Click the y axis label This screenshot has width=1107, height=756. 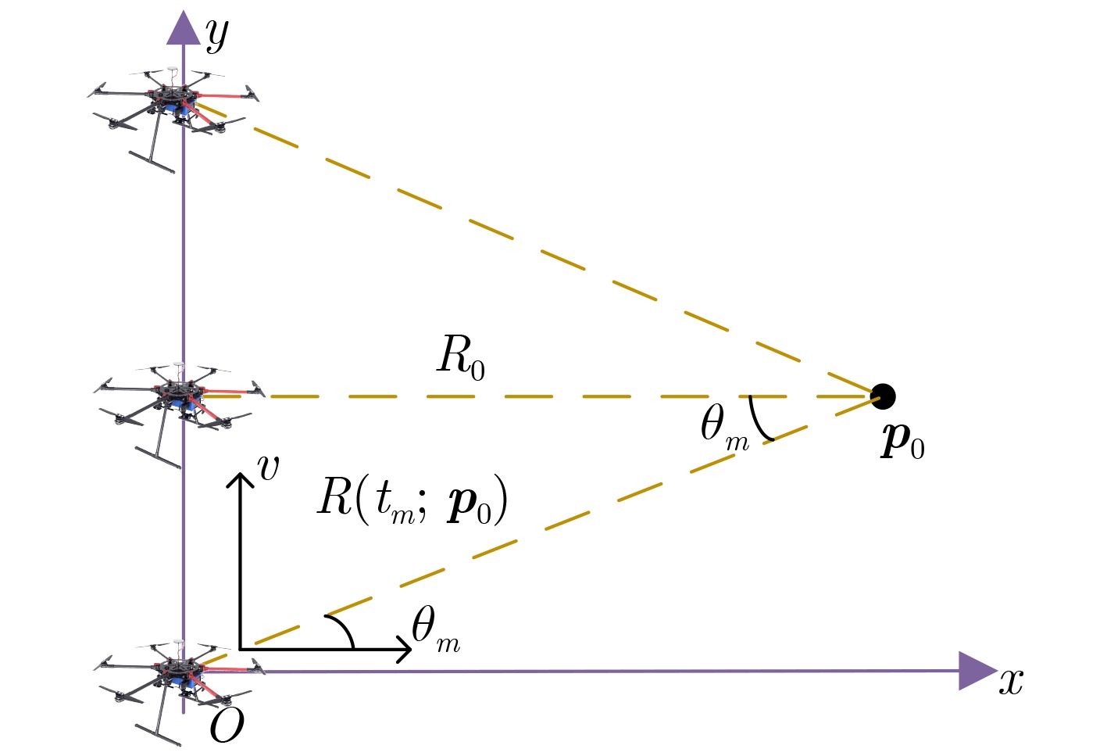click(x=216, y=35)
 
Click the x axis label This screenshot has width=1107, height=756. click(x=1011, y=680)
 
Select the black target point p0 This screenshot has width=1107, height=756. click(x=882, y=396)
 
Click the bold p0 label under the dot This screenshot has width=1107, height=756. click(x=902, y=442)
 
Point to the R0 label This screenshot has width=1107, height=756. click(x=461, y=357)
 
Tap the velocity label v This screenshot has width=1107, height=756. click(x=268, y=467)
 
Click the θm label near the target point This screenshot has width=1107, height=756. click(x=723, y=429)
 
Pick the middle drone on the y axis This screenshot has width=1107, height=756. click(x=178, y=399)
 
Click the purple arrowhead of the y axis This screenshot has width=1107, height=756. click(x=184, y=28)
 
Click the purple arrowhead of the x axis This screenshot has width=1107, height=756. click(x=976, y=671)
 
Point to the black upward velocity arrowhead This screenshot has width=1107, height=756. click(x=240, y=478)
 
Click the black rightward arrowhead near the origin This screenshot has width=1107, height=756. click(x=404, y=649)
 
